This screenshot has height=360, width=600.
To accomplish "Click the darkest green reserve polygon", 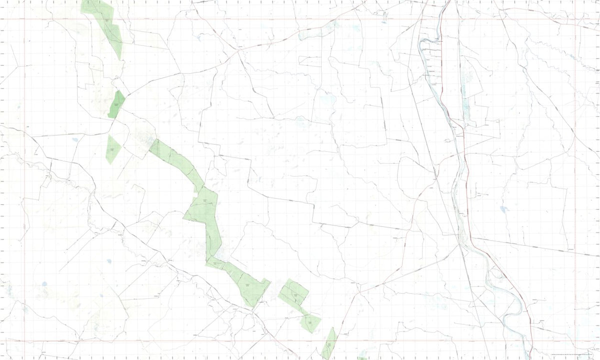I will coord(116,104).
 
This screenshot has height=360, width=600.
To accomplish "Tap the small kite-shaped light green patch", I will coord(112,149).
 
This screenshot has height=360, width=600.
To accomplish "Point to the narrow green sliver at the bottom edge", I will coord(329,344).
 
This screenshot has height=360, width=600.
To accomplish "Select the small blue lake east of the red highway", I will coord(503,209).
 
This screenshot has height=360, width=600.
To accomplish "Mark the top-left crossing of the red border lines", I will coord(24,19).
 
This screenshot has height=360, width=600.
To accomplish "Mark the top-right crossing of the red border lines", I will coord(575,19).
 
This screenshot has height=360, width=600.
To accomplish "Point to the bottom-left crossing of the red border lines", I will coord(24,342).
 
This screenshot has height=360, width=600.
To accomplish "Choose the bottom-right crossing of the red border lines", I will coord(575,342).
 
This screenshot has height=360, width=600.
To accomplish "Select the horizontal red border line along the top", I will coord(300,19).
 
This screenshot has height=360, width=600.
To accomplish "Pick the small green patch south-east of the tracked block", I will coord(311,322).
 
